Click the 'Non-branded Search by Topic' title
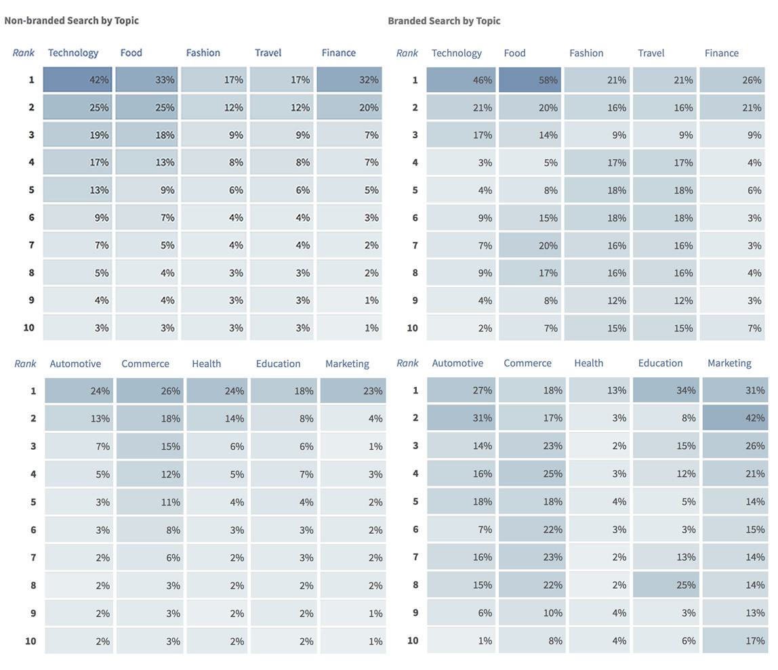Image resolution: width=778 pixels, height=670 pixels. pos(71,20)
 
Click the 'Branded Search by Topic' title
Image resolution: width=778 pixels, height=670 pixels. pos(444,20)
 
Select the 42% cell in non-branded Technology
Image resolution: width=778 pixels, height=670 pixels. pos(77,80)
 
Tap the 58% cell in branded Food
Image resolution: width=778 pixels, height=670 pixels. pos(529,80)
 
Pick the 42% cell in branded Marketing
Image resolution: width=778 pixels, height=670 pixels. pos(735,418)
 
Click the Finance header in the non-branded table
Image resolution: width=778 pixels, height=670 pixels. pos(338,53)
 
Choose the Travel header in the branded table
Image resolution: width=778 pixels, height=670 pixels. pos(651,53)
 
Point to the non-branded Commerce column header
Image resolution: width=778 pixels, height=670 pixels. pos(145,364)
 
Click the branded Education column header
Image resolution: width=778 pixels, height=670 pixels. pos(660,363)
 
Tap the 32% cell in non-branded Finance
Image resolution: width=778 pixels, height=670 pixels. pos(349,80)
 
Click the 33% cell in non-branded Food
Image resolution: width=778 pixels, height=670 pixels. pos(146,80)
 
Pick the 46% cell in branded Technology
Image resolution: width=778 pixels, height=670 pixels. pos(461,80)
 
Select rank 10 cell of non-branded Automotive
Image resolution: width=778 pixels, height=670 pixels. pos(79,641)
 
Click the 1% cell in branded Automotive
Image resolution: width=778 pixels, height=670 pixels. pos(462,640)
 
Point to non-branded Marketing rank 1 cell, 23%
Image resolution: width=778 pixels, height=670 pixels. pos(352,391)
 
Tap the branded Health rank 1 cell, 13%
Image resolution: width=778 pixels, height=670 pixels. pos(600,390)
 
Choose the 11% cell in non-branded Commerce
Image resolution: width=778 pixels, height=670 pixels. pos(149,502)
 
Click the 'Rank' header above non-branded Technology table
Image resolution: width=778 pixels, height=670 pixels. pos(23,53)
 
